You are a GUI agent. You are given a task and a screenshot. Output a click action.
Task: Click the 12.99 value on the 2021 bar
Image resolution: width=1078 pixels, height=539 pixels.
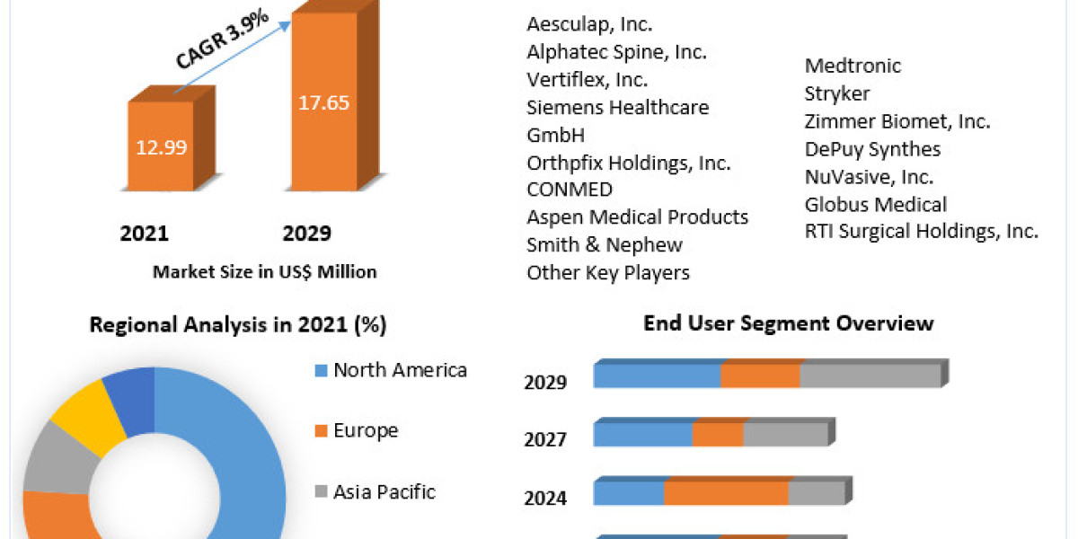tap(163, 147)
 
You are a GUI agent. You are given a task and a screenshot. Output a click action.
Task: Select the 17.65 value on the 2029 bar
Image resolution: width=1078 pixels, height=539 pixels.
tap(323, 102)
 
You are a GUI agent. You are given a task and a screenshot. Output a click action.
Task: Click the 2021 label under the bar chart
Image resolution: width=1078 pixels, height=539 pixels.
tap(145, 234)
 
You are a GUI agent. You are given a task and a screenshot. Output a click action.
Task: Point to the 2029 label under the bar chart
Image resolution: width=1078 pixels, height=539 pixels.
tap(307, 234)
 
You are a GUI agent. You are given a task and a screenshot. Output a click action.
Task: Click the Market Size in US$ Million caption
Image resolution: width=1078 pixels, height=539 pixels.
tap(264, 271)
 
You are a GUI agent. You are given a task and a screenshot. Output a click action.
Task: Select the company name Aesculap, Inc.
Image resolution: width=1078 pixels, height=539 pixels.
tap(589, 24)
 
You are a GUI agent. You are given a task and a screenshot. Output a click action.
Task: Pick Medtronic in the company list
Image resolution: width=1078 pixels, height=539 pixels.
tap(853, 66)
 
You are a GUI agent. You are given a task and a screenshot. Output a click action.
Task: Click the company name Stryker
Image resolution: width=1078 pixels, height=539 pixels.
tap(837, 93)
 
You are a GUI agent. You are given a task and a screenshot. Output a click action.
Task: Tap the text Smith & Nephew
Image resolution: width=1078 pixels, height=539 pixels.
tap(605, 244)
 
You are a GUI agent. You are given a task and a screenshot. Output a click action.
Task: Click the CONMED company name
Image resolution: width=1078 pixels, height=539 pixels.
tap(570, 190)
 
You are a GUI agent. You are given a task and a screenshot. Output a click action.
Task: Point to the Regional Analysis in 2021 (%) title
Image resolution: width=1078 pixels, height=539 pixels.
tap(238, 325)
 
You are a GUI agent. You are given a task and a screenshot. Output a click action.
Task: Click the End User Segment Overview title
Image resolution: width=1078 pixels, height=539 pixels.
tap(789, 323)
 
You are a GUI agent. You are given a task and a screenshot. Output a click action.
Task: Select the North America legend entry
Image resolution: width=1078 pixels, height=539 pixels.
tap(400, 370)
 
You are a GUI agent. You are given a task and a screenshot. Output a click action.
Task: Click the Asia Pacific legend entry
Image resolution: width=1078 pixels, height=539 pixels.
tap(384, 491)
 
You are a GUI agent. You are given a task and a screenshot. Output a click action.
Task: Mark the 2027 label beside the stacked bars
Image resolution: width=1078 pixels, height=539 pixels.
tap(545, 439)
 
